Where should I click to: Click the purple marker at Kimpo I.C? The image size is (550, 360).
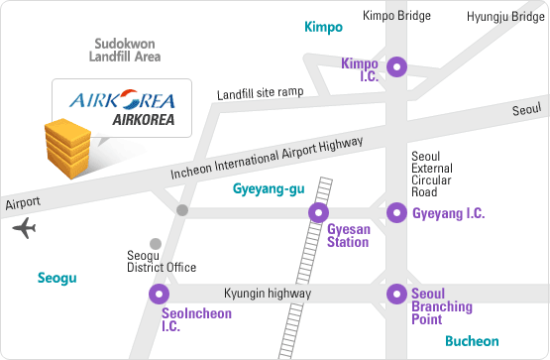pos(396,67)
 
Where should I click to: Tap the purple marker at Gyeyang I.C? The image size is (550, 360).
pos(396,211)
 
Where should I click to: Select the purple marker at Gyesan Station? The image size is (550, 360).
pos(319,211)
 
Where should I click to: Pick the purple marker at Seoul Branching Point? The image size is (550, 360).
pos(396,294)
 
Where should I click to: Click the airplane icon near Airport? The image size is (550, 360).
pos(24,229)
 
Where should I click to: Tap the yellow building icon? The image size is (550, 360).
pos(67,145)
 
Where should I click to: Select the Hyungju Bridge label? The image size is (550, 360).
pos(504,16)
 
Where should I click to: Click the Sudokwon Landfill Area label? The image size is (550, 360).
pos(126,51)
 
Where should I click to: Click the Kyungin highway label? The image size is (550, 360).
pos(268,295)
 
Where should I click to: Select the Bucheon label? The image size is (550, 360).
pos(472,341)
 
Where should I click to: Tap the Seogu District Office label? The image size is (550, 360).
pos(162,262)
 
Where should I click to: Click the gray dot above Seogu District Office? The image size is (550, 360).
pos(155,243)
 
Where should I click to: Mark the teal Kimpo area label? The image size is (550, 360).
pos(323,27)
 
